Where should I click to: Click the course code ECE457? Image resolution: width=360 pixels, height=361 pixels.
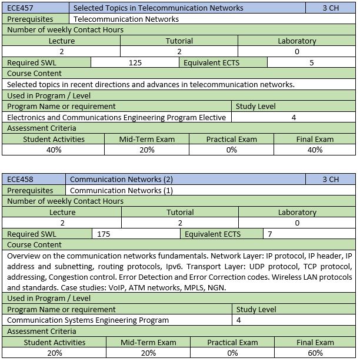(x=20, y=8)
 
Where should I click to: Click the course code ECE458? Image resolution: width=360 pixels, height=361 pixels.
(x=20, y=179)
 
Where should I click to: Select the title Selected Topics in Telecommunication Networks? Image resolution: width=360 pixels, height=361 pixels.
(x=158, y=8)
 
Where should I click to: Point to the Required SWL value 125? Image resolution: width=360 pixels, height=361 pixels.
(x=135, y=62)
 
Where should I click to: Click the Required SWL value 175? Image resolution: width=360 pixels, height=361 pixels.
(x=104, y=234)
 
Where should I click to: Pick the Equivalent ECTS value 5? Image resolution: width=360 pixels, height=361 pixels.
(x=311, y=62)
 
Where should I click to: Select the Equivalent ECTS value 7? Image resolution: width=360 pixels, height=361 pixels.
(x=270, y=234)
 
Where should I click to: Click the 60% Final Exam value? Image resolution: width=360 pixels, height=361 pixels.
(x=315, y=353)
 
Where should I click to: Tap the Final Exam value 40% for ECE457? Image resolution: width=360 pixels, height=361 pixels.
(x=315, y=150)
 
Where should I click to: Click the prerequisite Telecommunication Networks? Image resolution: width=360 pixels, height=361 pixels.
(x=126, y=19)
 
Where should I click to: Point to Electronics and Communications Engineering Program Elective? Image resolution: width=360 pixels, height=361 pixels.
(x=116, y=117)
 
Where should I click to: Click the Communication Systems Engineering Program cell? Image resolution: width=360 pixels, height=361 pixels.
(x=88, y=320)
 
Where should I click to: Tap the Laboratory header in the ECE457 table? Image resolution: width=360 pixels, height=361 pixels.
(x=297, y=41)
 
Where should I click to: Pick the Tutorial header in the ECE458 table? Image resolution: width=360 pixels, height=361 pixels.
(x=180, y=212)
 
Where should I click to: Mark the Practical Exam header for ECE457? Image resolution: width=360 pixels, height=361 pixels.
(x=232, y=139)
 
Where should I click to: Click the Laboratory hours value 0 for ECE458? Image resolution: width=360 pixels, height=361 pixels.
(x=297, y=223)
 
